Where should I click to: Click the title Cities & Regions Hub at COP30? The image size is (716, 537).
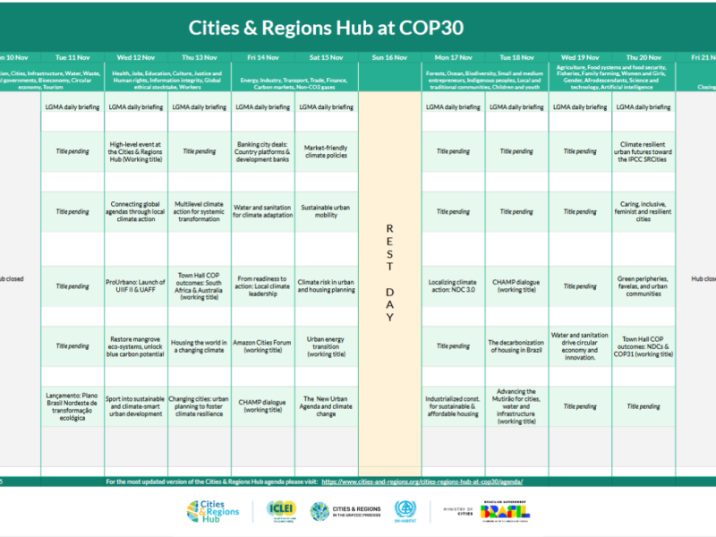(358, 25)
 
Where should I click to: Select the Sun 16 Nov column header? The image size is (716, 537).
(390, 57)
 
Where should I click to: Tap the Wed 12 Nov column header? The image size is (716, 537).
(136, 57)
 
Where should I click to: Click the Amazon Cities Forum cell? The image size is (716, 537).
(263, 346)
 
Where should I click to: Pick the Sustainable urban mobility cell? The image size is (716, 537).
(327, 211)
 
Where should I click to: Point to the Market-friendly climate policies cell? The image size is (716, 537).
(327, 151)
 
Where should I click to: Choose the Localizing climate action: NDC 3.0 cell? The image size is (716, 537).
(454, 286)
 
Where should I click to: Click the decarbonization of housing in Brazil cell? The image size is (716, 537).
(516, 346)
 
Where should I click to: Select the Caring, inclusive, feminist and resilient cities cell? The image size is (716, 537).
(644, 211)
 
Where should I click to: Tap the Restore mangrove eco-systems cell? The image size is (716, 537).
(136, 346)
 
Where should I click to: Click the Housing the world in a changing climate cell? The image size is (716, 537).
(200, 346)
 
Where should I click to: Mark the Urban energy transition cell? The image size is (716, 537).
(327, 346)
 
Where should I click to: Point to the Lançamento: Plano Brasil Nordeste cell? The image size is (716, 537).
(72, 405)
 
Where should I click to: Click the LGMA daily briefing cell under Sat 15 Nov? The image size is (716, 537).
(327, 107)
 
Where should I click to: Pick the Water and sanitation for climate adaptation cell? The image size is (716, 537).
(263, 211)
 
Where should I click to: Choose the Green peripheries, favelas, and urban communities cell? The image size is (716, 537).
(644, 286)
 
